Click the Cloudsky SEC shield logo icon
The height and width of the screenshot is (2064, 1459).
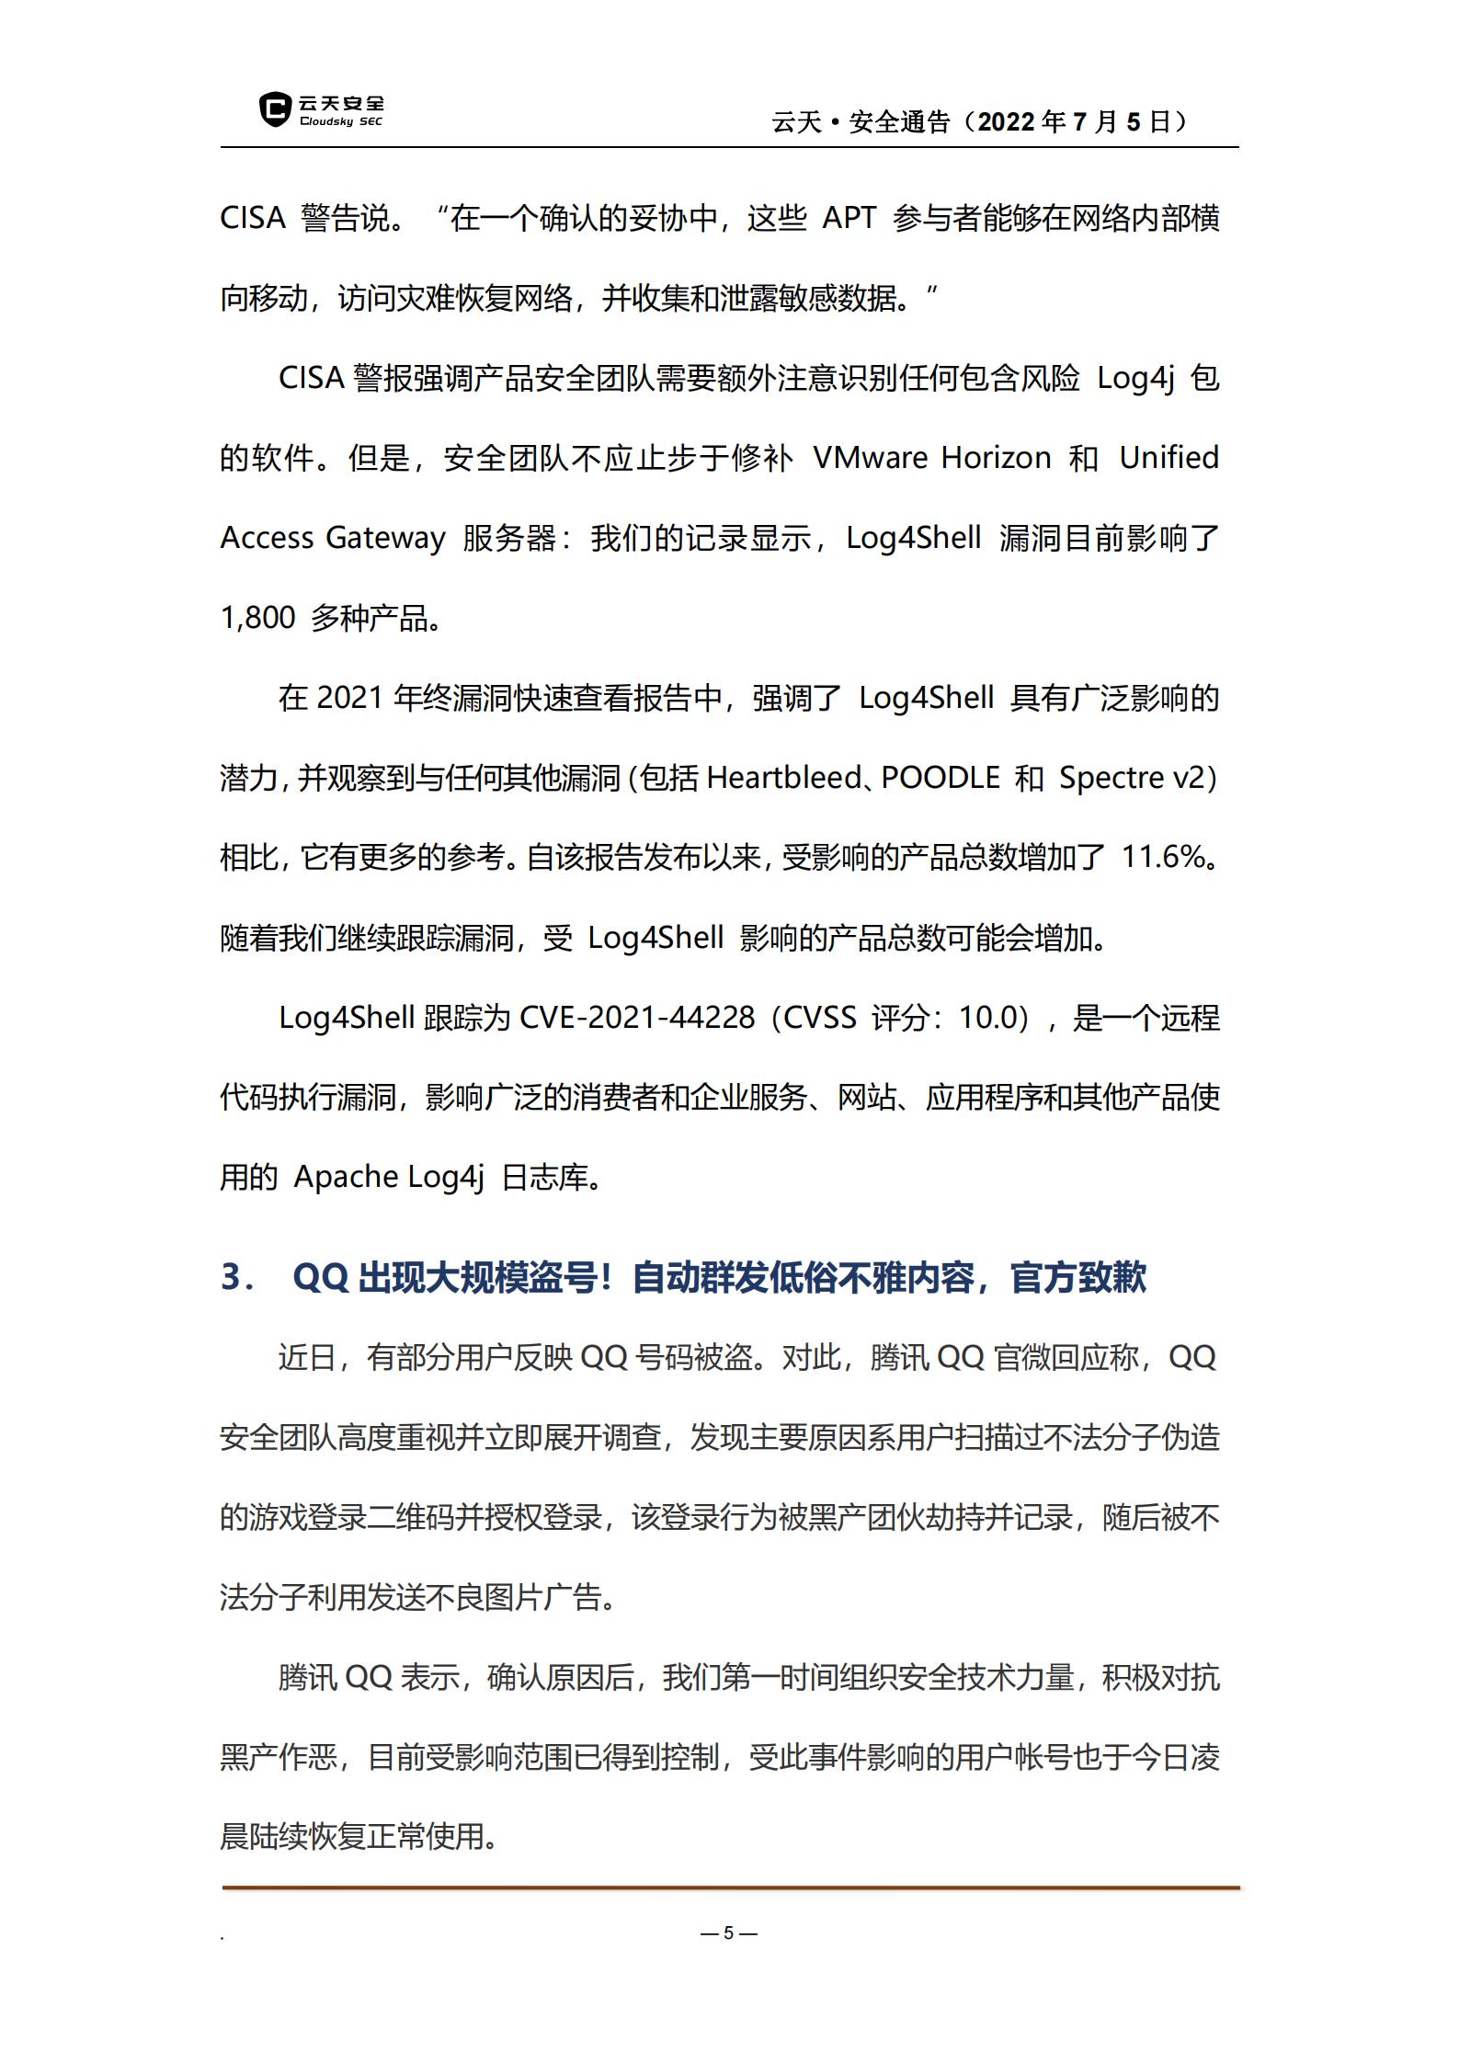pos(274,109)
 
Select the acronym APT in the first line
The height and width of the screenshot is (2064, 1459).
pos(848,219)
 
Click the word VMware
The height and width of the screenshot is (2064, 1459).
pos(870,458)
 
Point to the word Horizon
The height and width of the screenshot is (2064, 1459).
pos(996,458)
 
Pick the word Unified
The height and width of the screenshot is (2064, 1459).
pos(1168,458)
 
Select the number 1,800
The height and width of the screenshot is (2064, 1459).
pos(257,618)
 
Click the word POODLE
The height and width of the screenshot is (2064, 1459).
pos(940,778)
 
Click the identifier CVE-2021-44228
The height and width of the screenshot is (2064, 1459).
pos(637,1018)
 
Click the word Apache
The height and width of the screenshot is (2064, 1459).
pos(346,1178)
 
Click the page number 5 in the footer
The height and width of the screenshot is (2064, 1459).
pos(728,1933)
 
